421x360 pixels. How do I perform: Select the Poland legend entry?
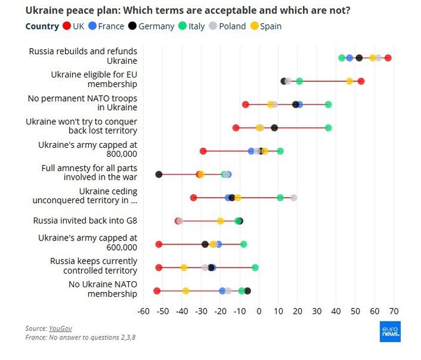(227, 26)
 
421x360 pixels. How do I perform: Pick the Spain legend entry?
(266, 26)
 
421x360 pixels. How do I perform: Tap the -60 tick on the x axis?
(144, 311)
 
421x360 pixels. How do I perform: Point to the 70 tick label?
(394, 311)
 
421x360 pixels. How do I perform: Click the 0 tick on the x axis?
(259, 311)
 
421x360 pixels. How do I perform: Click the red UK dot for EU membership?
(361, 81)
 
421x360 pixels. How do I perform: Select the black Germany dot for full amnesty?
(159, 174)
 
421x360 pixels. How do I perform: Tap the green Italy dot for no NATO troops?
(328, 105)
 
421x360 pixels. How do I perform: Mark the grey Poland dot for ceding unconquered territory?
(293, 198)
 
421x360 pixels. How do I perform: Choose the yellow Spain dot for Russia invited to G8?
(221, 221)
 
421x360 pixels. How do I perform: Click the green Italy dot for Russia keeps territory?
(255, 267)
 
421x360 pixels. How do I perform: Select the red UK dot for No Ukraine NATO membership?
(157, 291)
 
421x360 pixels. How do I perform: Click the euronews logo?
(390, 331)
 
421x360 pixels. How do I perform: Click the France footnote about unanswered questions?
(80, 338)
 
